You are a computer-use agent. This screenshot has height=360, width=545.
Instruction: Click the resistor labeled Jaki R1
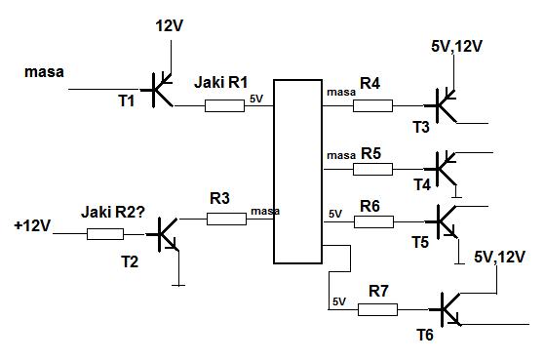click(224, 105)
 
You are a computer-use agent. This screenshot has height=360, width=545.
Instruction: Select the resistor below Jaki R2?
click(105, 234)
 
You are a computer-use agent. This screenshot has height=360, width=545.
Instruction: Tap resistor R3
click(226, 220)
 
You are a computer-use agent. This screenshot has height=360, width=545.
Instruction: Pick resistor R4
click(373, 105)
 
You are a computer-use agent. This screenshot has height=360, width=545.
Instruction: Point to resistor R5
click(373, 170)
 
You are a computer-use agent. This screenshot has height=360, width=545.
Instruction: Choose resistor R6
click(374, 221)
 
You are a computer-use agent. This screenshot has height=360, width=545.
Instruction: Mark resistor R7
click(378, 309)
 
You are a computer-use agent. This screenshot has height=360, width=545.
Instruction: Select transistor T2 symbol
click(164, 234)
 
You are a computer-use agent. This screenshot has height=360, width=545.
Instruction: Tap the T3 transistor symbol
click(441, 105)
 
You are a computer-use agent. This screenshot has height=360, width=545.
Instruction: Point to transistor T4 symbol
click(441, 169)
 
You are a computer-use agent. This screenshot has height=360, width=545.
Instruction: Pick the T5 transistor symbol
click(442, 221)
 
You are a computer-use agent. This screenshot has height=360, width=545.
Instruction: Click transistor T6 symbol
click(446, 309)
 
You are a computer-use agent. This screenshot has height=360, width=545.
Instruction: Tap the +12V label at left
click(32, 225)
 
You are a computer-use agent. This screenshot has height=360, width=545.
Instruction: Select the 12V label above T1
click(170, 26)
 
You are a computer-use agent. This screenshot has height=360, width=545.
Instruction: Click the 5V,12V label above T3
click(456, 46)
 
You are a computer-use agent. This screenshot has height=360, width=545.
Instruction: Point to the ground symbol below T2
click(178, 285)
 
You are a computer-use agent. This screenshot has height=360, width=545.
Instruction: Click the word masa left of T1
click(44, 72)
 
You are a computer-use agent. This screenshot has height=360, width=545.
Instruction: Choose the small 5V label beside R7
click(339, 301)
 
